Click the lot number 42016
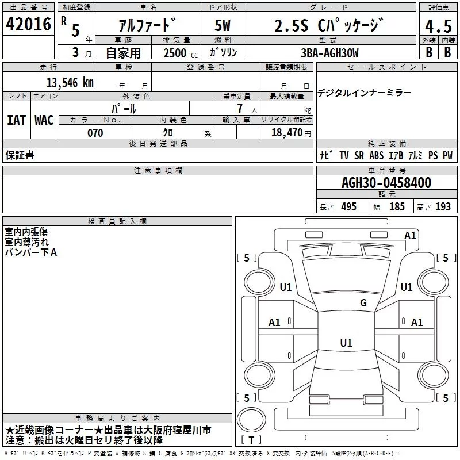(x=28, y=25)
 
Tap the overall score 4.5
(x=438, y=27)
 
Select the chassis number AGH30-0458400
(x=386, y=183)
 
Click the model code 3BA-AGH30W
(x=329, y=53)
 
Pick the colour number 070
(x=95, y=133)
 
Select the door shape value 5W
(x=223, y=26)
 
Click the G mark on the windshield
(x=363, y=302)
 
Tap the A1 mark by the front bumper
(x=410, y=235)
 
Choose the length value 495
(x=348, y=207)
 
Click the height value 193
(x=443, y=207)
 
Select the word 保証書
(x=20, y=155)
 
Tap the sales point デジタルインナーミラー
(x=364, y=93)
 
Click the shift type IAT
(x=16, y=120)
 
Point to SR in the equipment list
(x=359, y=155)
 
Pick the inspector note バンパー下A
(x=31, y=252)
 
